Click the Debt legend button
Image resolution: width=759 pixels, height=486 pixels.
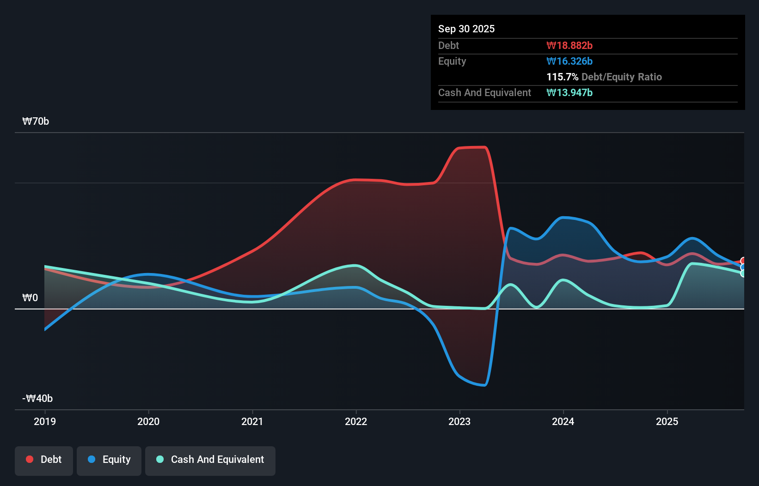[44, 460]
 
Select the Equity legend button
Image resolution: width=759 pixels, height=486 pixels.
[109, 460]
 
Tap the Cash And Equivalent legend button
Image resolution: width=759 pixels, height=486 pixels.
[210, 460]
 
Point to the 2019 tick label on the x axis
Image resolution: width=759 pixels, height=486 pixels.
[45, 421]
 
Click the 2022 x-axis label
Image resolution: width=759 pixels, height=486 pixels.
[356, 421]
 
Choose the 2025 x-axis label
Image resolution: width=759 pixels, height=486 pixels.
[667, 421]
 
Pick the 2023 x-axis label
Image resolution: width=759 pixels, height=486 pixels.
[459, 421]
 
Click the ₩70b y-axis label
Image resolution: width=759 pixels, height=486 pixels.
[36, 121]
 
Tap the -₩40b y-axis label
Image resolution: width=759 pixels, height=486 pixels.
[37, 398]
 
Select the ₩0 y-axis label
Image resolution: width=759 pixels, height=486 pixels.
[30, 298]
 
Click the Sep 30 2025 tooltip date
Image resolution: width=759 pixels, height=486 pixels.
[466, 29]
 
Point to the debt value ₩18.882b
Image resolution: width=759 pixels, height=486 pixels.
[569, 45]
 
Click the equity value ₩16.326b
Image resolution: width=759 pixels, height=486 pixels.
[569, 61]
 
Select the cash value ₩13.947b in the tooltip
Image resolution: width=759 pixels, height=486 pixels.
[569, 92]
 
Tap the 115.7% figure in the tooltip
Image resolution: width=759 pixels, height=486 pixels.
[562, 77]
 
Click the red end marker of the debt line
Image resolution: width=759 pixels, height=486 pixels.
[743, 261]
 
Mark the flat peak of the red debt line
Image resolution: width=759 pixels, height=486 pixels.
[471, 147]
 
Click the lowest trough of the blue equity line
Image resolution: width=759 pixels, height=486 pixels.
[484, 385]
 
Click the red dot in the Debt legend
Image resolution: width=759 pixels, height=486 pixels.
[30, 459]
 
